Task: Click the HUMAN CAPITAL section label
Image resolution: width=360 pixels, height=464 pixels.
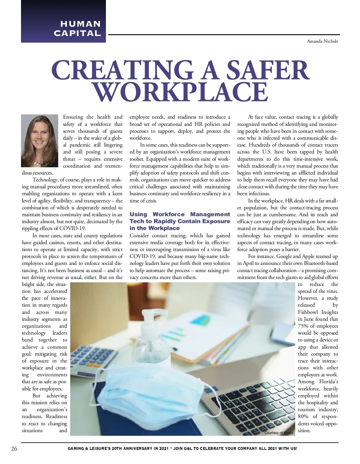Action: pos(77,28)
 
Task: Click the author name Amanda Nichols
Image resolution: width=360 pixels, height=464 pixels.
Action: pos(322,41)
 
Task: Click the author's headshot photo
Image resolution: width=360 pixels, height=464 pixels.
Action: pos(40,140)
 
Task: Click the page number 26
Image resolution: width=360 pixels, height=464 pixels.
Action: pos(14,449)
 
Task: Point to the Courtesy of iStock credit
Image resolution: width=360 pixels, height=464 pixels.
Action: pos(279,433)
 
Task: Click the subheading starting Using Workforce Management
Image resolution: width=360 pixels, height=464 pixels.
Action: pos(180,221)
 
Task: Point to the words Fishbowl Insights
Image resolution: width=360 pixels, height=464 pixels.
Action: pos(318,312)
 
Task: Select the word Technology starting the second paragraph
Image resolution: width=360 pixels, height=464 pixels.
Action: pos(45,180)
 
